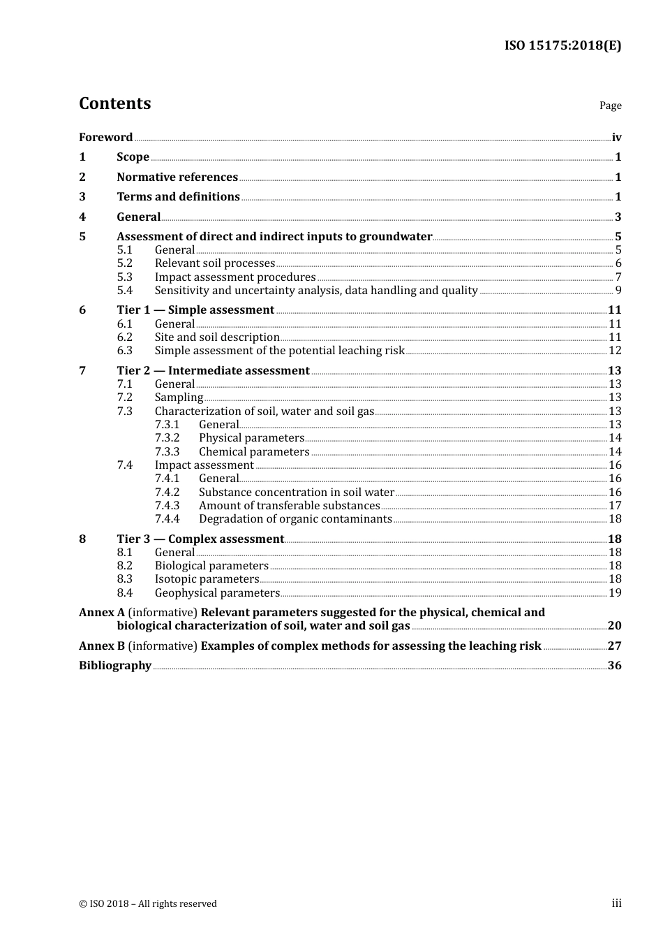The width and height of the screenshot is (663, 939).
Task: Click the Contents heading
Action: pos(114,103)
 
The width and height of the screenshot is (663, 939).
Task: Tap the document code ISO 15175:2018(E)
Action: pos(563,45)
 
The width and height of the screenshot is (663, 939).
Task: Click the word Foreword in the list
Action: pos(105,138)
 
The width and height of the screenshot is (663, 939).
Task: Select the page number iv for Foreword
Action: pos(616,138)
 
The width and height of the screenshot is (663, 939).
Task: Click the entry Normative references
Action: pos(177,177)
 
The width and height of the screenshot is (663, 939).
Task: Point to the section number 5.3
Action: pos(124,277)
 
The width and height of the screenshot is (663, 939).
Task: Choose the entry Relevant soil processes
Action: pos(215,263)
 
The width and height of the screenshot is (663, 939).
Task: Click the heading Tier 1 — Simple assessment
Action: pos(195,310)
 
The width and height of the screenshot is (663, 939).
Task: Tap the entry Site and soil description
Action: pos(217,337)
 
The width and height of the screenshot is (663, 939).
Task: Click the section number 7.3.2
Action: pos(167,438)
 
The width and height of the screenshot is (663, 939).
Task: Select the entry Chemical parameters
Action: pos(254,452)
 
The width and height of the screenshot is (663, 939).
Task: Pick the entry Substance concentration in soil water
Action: pos(297,493)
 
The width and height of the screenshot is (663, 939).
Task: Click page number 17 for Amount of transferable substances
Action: pos(615,506)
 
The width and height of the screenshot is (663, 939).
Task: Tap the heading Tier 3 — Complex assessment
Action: pos(200,539)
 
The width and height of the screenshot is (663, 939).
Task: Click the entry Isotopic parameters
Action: pos(207,579)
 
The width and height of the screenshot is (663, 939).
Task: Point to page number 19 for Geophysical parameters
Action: pos(615,593)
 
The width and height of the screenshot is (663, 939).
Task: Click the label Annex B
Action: pos(102,646)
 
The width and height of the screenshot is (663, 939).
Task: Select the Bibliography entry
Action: pos(115,666)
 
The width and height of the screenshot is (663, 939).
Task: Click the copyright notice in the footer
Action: pos(148,904)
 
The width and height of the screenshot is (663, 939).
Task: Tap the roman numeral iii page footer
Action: pos(616,903)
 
